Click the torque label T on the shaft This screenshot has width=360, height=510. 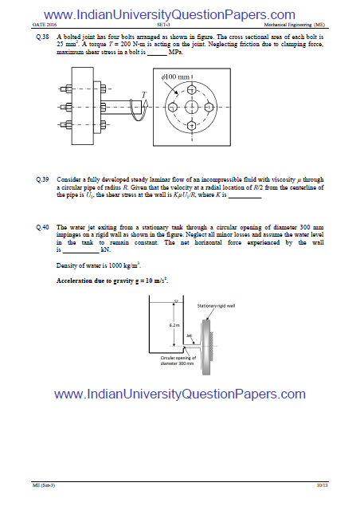click(143, 94)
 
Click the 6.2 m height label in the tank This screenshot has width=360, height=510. click(173, 325)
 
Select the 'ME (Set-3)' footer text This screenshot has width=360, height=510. click(44, 484)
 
